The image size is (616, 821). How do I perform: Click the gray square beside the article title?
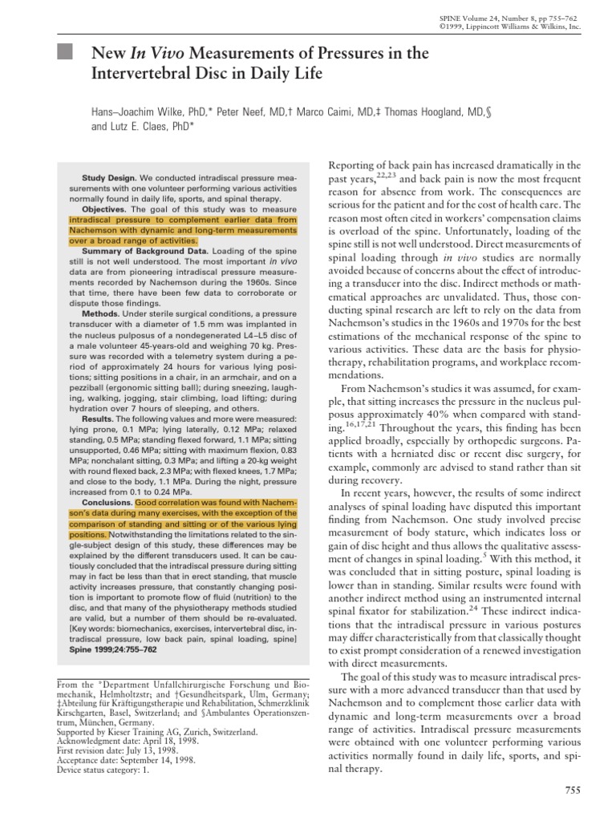click(67, 53)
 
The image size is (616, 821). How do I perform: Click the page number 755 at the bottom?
click(572, 791)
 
